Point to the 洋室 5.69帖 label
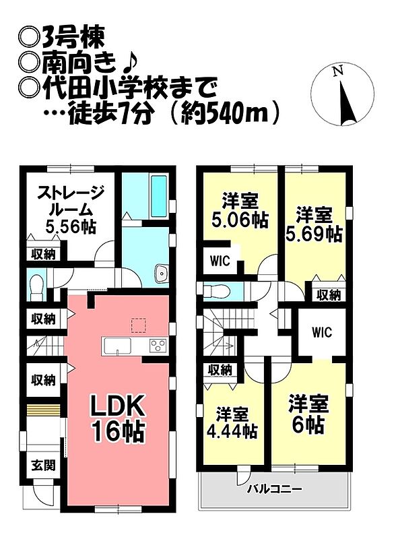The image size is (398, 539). (x=314, y=224)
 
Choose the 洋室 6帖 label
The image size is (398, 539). (x=308, y=414)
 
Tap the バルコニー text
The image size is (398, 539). (x=275, y=488)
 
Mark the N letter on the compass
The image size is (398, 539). (x=338, y=71)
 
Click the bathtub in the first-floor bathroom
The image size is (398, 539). (x=159, y=196)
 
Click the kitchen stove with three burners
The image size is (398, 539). (x=158, y=346)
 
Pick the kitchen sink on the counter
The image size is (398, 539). (x=118, y=346)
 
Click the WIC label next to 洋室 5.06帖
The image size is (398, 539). (x=220, y=261)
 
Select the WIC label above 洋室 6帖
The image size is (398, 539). (x=322, y=332)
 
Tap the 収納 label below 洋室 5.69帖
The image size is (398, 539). (x=328, y=294)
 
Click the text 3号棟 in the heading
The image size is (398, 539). (x=73, y=38)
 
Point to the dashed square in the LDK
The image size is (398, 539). (x=139, y=325)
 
